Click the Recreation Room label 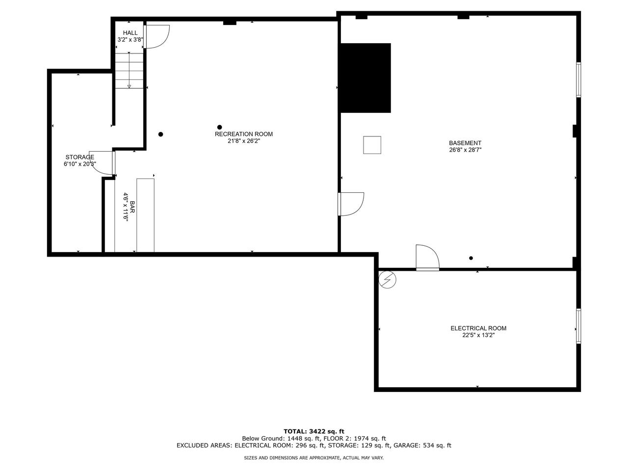[x=243, y=134]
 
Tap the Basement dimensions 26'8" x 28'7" [x=465, y=150]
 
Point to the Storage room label [x=79, y=157]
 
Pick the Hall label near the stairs [x=130, y=33]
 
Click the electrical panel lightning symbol [x=388, y=280]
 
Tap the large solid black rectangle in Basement [x=366, y=78]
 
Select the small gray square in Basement [x=372, y=145]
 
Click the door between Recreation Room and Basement [x=350, y=204]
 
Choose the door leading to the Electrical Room [x=427, y=258]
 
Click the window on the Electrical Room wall [x=578, y=326]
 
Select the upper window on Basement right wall [x=578, y=79]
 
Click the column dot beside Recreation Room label [x=219, y=127]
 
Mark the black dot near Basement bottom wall [x=471, y=258]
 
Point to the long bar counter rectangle [x=145, y=215]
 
